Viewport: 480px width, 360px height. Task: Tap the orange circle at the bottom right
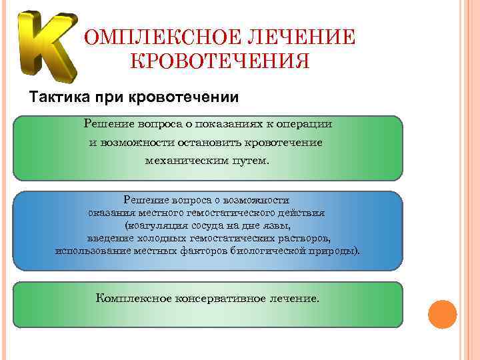coord(441,315)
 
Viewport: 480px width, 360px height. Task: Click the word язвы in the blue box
coord(277,225)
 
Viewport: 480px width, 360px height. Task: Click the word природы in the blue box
coord(333,251)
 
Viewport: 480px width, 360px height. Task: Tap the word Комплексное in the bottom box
coord(133,299)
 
